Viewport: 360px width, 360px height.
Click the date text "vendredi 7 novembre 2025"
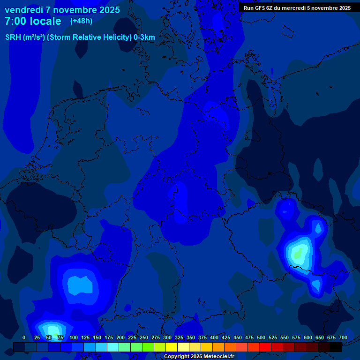coord(62,10)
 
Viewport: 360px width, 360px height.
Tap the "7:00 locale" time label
coord(33,22)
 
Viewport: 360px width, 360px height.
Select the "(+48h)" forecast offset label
coord(81,21)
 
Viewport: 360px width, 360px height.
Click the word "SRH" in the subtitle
coord(13,37)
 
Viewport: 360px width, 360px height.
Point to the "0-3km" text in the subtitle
coord(144,37)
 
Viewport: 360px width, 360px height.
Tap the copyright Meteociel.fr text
coord(199,357)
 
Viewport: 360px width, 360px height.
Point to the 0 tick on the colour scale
coord(24,338)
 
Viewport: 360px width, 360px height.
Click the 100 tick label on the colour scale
coord(74,338)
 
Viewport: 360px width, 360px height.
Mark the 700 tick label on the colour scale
coord(343,338)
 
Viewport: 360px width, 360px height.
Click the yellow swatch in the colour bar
coord(172,347)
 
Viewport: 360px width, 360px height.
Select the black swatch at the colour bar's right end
coord(336,347)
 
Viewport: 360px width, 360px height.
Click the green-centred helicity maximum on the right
coord(297,255)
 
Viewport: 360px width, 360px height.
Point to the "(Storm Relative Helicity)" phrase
coord(89,37)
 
